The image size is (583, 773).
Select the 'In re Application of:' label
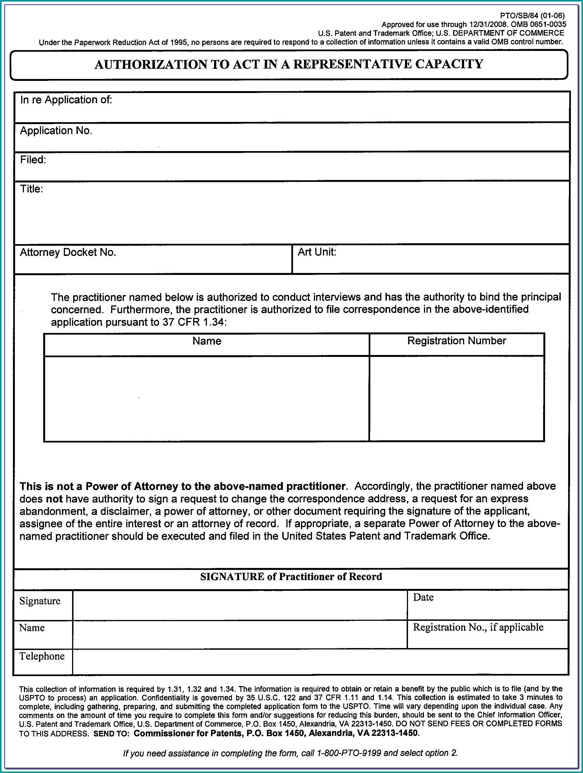coord(66,100)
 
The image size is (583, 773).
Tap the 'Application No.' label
coord(56,131)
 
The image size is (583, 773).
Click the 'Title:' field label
coord(31,189)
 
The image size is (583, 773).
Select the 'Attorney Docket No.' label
coord(68,252)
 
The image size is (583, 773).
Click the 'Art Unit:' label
coord(317,252)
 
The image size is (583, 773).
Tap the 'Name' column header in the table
coord(207,341)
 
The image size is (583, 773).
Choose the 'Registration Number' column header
coord(456,341)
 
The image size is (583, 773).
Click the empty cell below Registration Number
coord(456,398)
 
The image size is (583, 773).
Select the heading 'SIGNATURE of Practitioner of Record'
coord(291,576)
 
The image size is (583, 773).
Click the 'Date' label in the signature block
coord(423,597)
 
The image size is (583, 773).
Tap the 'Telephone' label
coord(42,656)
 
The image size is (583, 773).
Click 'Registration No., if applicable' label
coord(478,627)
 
